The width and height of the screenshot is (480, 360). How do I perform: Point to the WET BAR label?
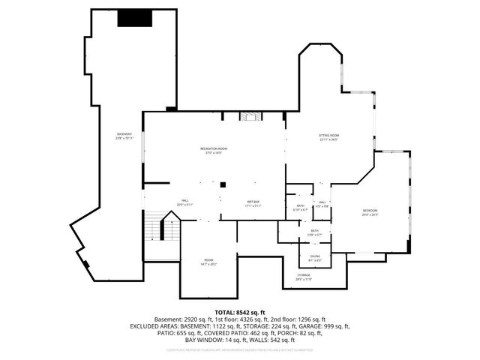point(253,202)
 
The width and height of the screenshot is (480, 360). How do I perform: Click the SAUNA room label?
point(315,257)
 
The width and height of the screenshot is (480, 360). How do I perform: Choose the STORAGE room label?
point(304,276)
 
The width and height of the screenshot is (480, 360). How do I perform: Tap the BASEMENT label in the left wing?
point(124,135)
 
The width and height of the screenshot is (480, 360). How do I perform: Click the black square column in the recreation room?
point(223,183)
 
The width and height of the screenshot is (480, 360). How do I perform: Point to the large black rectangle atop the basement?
point(135,18)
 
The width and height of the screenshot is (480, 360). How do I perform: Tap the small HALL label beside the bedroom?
point(321,202)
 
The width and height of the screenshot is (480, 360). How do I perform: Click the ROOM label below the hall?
point(207,262)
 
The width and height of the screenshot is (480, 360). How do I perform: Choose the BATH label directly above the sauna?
point(315,231)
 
